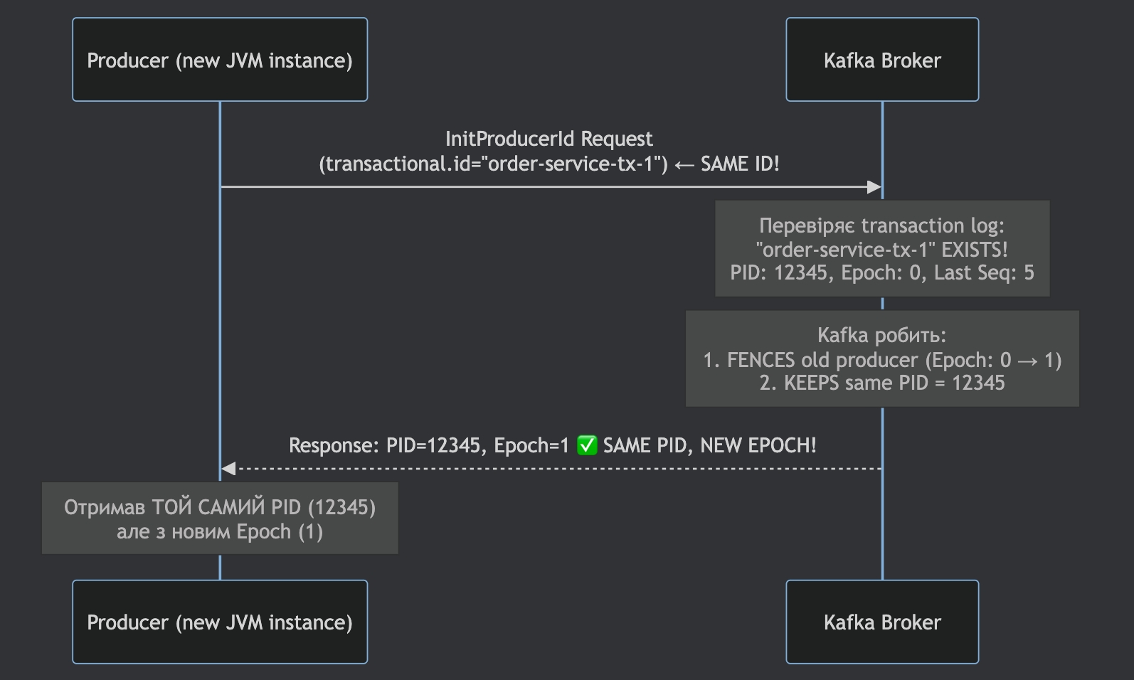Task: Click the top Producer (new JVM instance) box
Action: [x=220, y=60]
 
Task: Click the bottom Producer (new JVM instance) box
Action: [x=220, y=622]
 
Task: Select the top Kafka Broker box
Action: [x=882, y=60]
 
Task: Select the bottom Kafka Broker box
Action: [x=882, y=622]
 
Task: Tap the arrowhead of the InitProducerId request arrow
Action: [x=875, y=187]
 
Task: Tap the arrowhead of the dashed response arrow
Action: [x=228, y=469]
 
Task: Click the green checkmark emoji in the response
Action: [x=587, y=446]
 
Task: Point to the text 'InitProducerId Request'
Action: [x=549, y=139]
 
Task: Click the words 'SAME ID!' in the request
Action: [x=740, y=164]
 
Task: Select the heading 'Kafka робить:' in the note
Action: [x=881, y=335]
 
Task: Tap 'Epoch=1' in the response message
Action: [x=531, y=446]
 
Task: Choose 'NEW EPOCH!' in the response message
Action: [x=758, y=446]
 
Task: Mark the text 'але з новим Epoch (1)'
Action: [x=220, y=532]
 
